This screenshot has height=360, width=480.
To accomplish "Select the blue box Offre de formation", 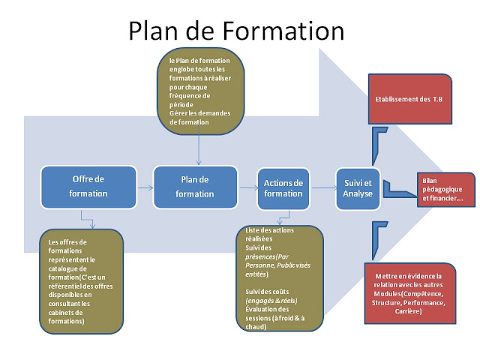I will [x=89, y=187].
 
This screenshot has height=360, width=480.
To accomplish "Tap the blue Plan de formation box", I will [x=194, y=187].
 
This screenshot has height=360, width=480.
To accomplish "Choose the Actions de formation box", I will [x=283, y=188].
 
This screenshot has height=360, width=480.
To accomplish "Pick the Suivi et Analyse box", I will [x=357, y=187].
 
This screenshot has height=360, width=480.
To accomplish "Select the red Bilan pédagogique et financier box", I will [x=445, y=191].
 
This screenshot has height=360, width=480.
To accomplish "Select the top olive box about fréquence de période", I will [x=199, y=91].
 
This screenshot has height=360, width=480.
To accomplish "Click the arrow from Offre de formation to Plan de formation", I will [x=145, y=187].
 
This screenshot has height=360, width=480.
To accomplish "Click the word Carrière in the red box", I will [x=409, y=311].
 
